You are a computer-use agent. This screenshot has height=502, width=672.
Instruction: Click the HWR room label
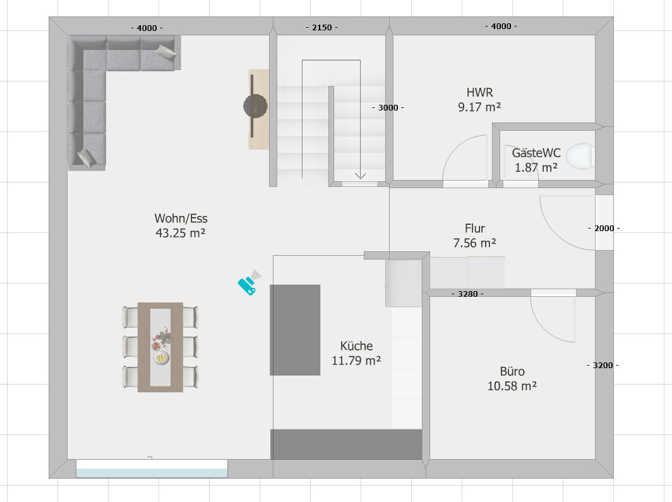pos(479,99)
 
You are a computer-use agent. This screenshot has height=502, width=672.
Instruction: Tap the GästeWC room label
pos(536,160)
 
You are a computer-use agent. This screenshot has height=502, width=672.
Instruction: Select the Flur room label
pos(475,236)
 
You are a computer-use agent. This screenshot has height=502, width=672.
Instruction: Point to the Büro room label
pos(512,379)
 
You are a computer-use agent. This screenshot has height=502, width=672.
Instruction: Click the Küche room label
pos(357,353)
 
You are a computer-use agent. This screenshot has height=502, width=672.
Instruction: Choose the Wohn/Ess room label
pos(181,225)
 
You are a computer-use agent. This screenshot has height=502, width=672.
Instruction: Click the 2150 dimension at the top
pos(322,27)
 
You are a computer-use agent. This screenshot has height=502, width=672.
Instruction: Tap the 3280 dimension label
pos(467,294)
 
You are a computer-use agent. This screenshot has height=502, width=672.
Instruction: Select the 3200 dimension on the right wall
pos(603,366)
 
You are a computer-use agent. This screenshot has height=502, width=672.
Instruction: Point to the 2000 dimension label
pos(604,229)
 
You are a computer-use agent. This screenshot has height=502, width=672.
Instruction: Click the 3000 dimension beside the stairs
pos(388,107)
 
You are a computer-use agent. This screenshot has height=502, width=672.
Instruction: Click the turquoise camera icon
pos(249,283)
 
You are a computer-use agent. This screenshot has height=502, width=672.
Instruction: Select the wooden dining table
pos(160,347)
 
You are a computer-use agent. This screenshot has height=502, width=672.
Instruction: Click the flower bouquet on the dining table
pos(162,339)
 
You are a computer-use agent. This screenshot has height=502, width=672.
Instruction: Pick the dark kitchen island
pos(295,330)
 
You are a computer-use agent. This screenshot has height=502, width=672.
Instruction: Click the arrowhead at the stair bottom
pos(360,175)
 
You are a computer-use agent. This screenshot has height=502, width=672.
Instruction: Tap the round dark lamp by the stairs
pos(255,106)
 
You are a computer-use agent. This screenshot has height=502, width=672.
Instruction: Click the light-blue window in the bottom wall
pos(152,468)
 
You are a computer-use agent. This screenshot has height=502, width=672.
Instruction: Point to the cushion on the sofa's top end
pos(166,52)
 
